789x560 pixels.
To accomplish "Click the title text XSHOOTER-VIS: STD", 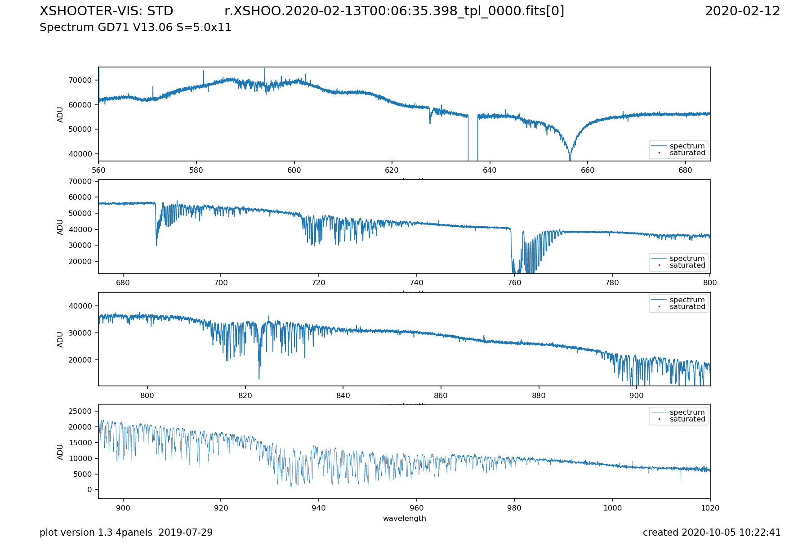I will click(x=106, y=11).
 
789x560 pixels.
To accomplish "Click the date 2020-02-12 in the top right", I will click(x=742, y=11).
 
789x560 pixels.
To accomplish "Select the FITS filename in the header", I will click(x=394, y=11).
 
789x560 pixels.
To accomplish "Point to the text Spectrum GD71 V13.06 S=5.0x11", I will click(x=135, y=27).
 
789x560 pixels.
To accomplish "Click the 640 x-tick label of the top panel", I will click(x=490, y=170).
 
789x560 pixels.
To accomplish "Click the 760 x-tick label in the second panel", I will click(x=514, y=283).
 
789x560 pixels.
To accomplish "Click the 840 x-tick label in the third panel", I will click(x=343, y=395).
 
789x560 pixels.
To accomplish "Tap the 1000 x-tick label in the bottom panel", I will click(x=612, y=508).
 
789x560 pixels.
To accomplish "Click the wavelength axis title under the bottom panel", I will click(x=404, y=518).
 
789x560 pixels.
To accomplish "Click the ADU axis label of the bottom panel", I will click(x=60, y=452).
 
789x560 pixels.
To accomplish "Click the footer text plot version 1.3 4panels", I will click(x=126, y=533).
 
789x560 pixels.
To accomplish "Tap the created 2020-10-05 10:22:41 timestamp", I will click(x=711, y=533).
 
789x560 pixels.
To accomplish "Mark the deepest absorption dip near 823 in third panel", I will click(x=259, y=379).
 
